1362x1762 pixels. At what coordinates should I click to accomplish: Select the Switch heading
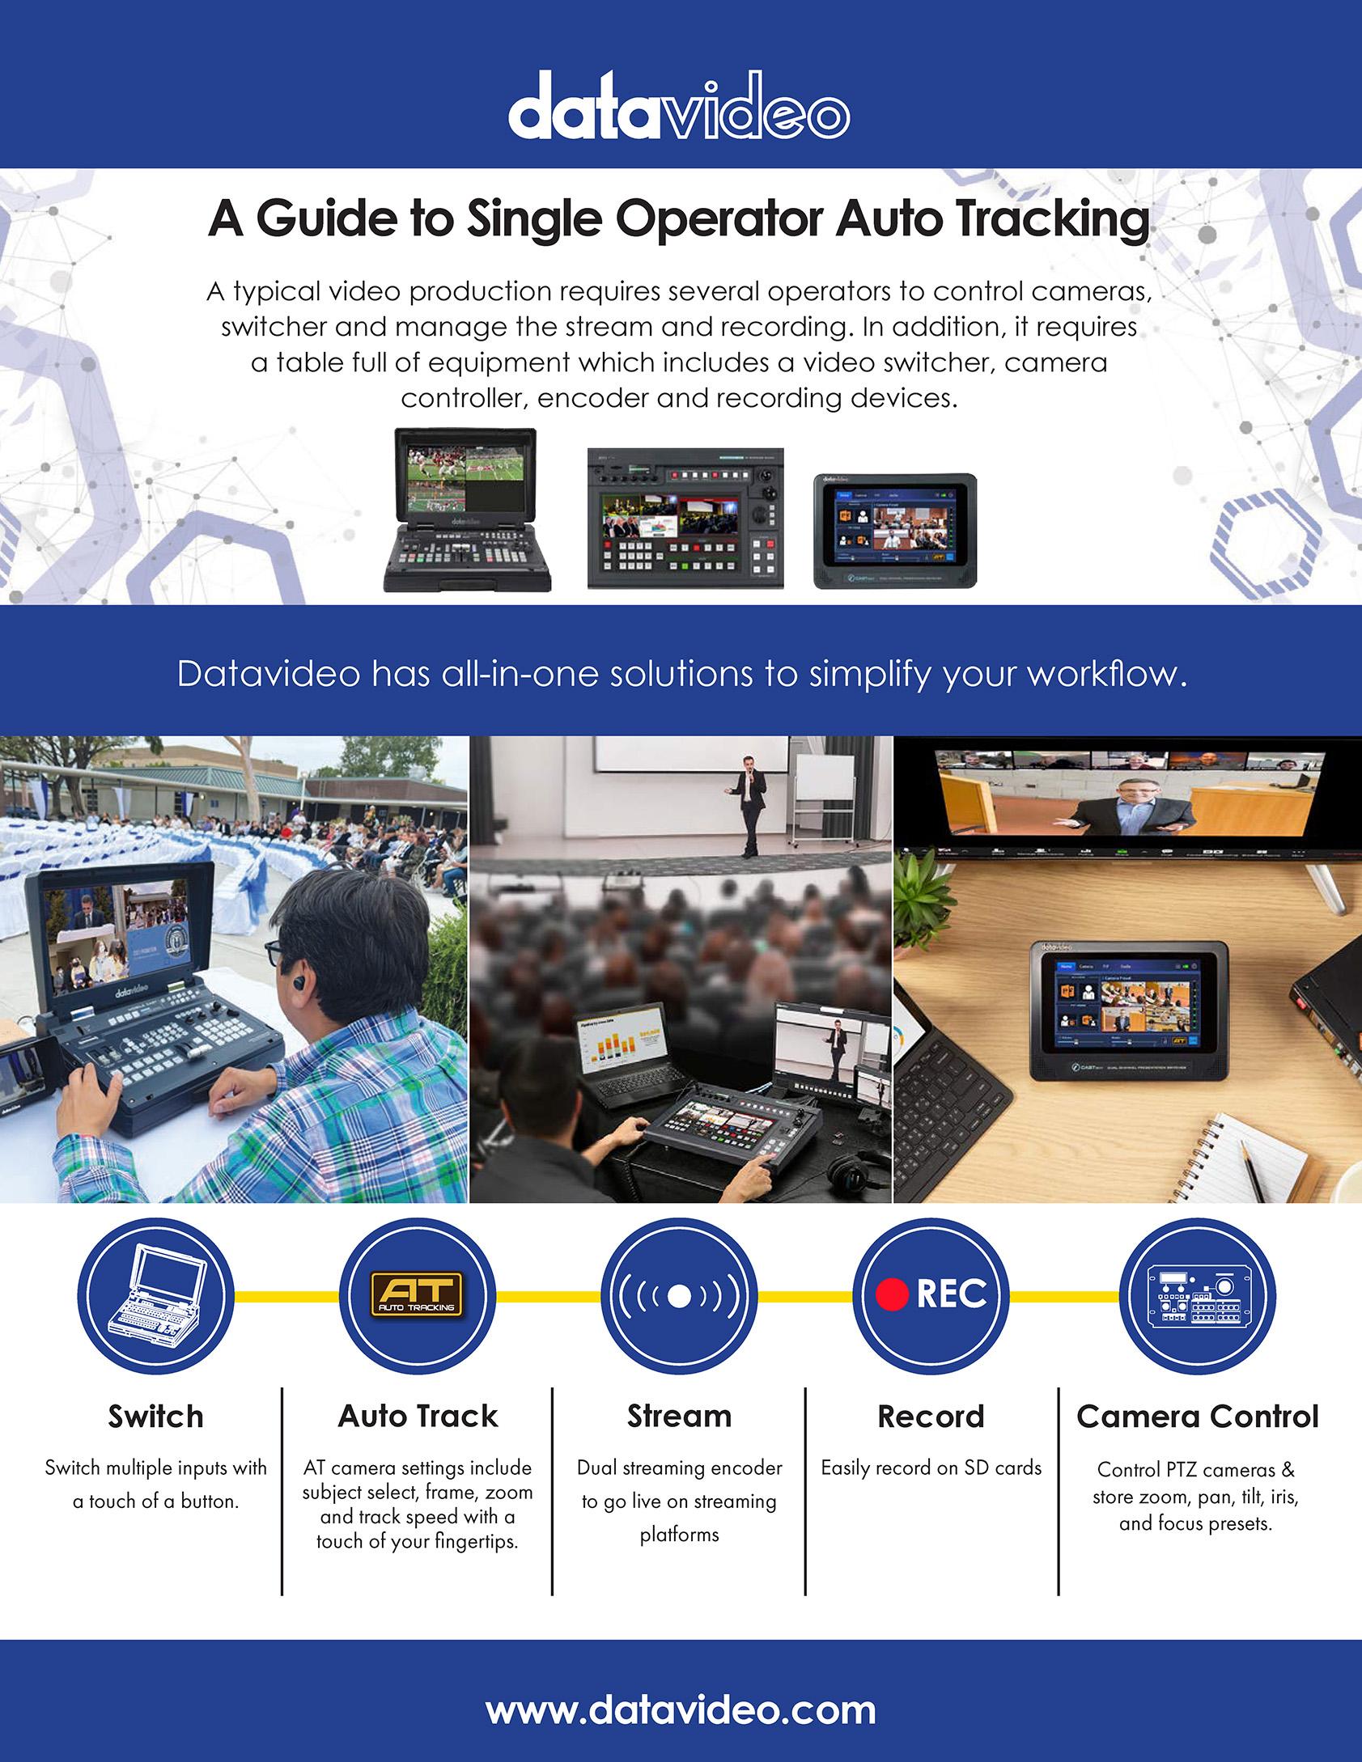[x=155, y=1416]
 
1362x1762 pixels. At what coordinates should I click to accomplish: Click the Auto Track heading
[x=418, y=1416]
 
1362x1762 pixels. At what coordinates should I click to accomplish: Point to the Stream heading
[x=679, y=1416]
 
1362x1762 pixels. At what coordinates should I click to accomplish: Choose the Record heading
[x=931, y=1416]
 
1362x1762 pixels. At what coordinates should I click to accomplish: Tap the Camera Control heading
[x=1198, y=1416]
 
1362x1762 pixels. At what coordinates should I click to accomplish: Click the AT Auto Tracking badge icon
[x=417, y=1294]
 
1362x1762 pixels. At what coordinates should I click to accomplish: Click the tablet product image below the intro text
[x=895, y=531]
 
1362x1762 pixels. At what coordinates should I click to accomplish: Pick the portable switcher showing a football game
[x=468, y=510]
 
